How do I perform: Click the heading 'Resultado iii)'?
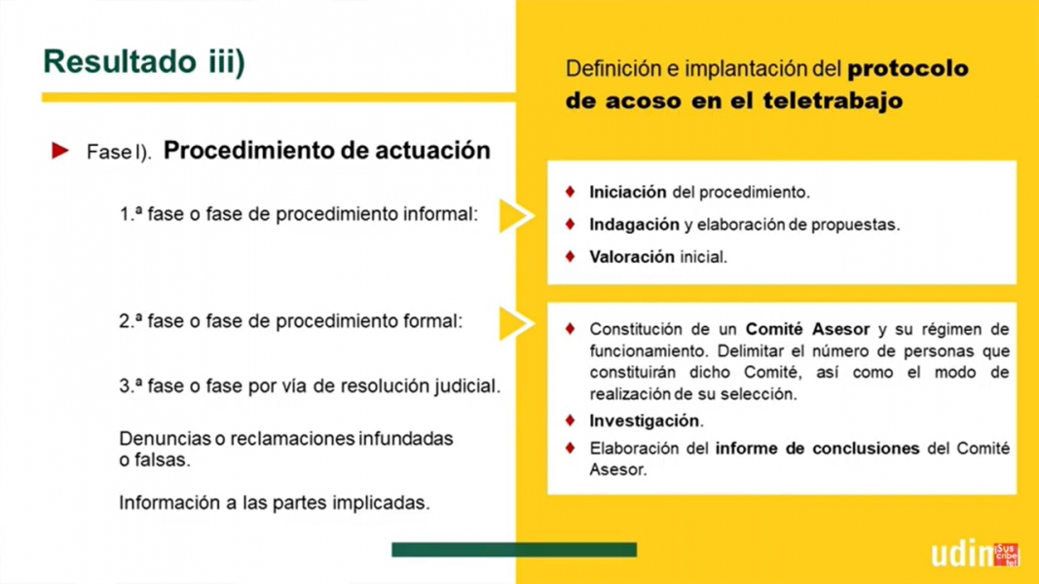[x=144, y=61]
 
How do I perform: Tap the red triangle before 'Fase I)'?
[x=59, y=150]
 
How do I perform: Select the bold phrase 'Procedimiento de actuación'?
[x=326, y=150]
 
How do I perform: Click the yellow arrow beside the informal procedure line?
[x=515, y=215]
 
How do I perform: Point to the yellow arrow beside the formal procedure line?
[x=515, y=323]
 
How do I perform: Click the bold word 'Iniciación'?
[x=627, y=192]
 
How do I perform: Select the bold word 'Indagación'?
[x=634, y=225]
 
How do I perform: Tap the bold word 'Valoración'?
[x=632, y=257]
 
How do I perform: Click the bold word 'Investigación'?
[x=644, y=421]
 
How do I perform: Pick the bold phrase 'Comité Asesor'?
[x=807, y=329]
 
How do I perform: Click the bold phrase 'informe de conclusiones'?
[x=817, y=449]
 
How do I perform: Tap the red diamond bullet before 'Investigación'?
[x=570, y=420]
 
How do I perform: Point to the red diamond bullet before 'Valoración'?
[x=570, y=256]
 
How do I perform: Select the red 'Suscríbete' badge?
[x=1007, y=555]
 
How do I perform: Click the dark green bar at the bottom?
[x=514, y=550]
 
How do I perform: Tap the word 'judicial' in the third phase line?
[x=467, y=386]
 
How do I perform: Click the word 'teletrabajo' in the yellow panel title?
[x=833, y=100]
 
